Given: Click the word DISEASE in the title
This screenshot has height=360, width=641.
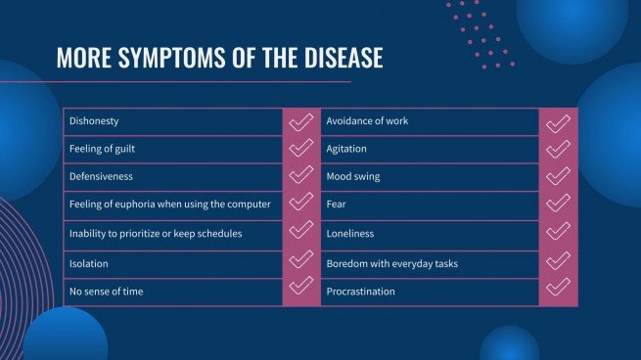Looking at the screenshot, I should coord(334,58).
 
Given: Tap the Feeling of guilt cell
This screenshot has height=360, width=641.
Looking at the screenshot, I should coord(107,150).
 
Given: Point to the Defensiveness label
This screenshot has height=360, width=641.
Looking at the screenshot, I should coord(101,177).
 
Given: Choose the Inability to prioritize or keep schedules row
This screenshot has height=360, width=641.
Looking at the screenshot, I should coord(155,234).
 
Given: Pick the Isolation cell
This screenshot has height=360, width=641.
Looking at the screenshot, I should coord(88,263).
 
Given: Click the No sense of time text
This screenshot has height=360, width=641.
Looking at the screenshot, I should coord(107,291).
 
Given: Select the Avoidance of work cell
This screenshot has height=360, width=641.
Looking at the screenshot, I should coord(367,121).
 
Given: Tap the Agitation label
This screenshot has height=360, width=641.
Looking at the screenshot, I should coord(347,150).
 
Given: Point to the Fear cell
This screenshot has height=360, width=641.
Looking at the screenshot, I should coord(336,205).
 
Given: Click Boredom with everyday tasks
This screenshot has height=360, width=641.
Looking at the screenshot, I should coord(391,263).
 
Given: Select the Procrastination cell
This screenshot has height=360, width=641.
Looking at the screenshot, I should coord(361,291).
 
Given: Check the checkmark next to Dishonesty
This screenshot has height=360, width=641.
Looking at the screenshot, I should coord(300,121).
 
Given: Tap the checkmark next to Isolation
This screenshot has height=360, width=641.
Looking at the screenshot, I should coord(300,262).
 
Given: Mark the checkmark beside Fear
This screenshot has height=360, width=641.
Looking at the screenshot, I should coord(557,204).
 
